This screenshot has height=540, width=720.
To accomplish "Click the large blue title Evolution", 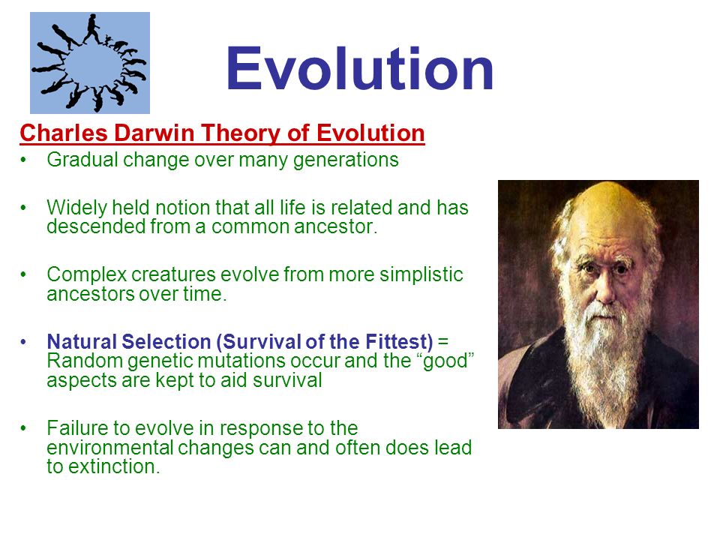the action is pos(359,68).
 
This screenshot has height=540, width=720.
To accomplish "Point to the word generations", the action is pos(346,160).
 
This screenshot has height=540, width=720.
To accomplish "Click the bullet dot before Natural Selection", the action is pos(23,342).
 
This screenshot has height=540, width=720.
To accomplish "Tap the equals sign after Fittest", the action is pos(443,342).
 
